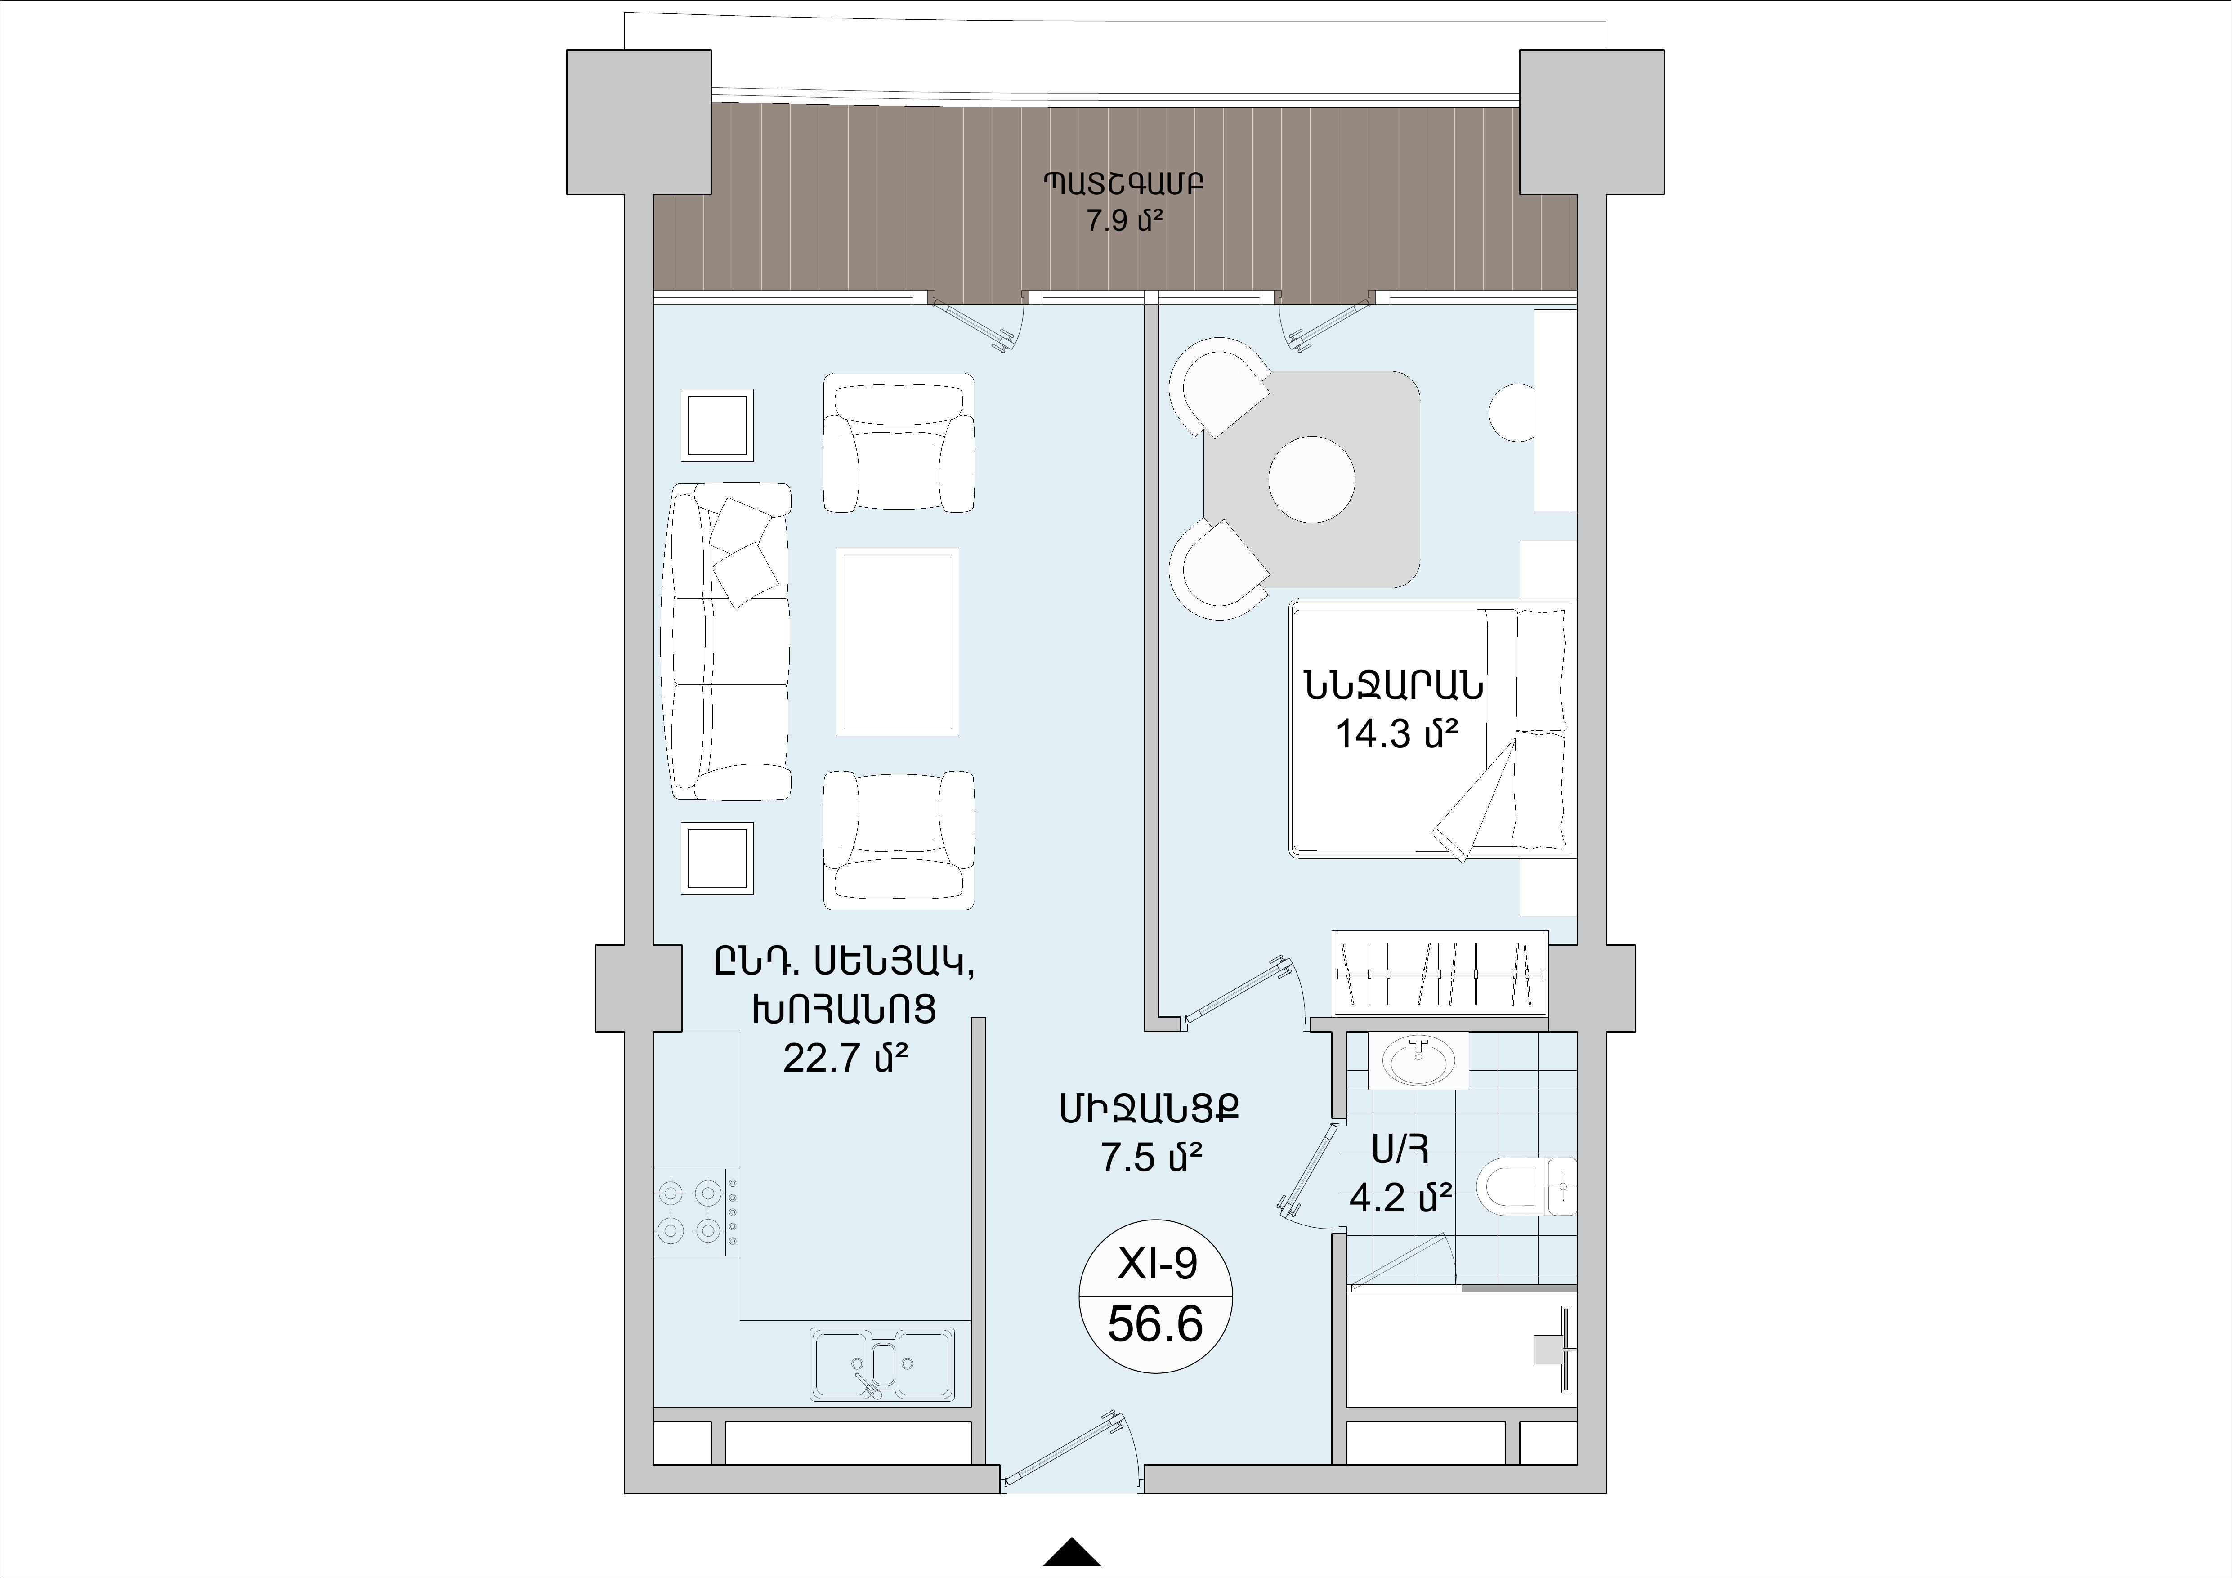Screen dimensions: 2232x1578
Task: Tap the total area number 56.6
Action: click(x=1156, y=1324)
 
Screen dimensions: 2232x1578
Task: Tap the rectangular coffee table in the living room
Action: click(x=897, y=642)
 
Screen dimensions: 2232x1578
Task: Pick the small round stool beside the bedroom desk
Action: click(x=1512, y=412)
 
